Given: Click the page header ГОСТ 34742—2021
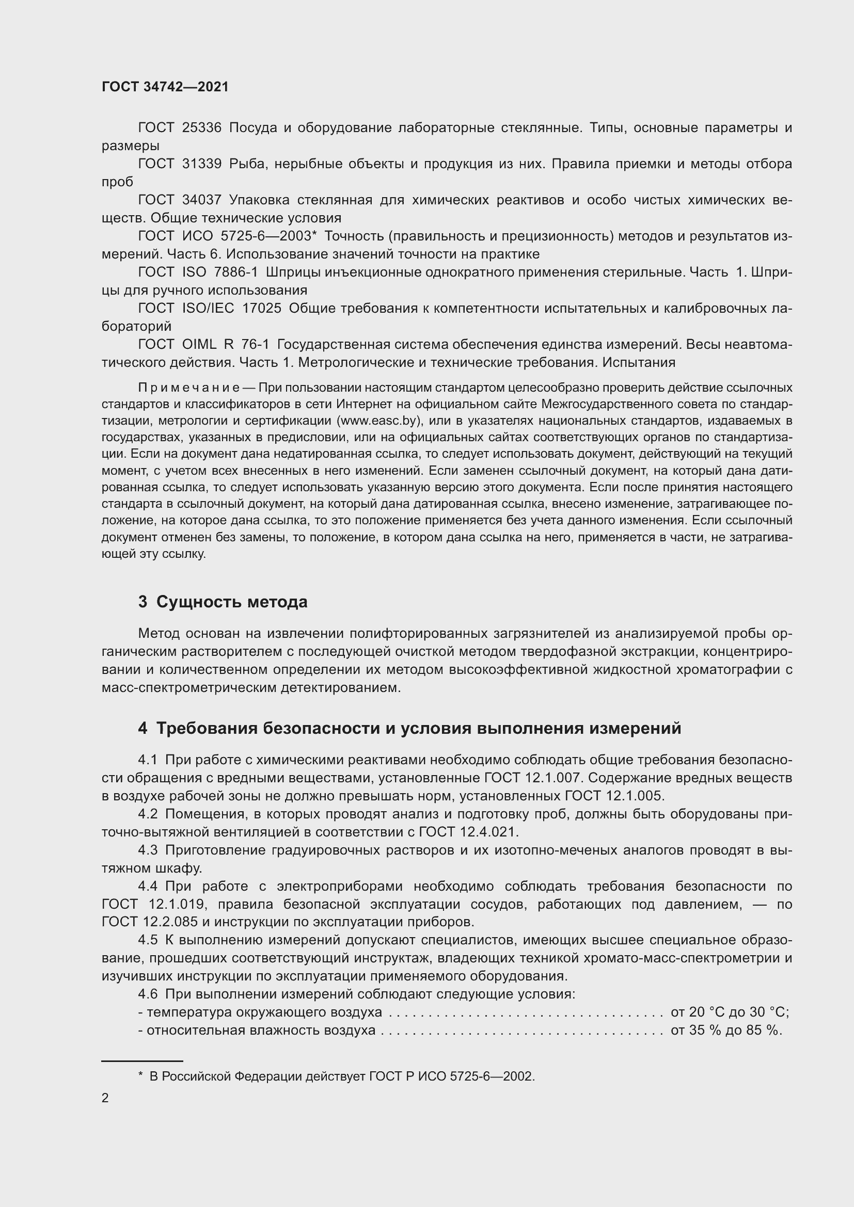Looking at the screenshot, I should click(165, 87).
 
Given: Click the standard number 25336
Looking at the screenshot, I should click(202, 128).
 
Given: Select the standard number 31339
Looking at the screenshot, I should click(202, 164).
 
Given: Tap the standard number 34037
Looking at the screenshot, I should click(202, 200).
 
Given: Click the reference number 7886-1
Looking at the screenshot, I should click(235, 272).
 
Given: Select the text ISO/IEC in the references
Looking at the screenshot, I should click(208, 308).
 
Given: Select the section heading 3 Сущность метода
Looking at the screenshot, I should click(223, 602).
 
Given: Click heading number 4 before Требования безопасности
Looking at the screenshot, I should click(143, 729).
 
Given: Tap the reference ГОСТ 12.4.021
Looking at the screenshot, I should click(468, 832).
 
